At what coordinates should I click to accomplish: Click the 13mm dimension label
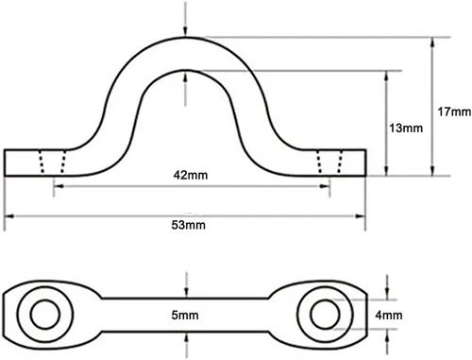pyautogui.click(x=405, y=127)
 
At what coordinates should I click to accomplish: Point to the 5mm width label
pyautogui.click(x=187, y=314)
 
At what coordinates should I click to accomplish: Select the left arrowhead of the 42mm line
pyautogui.click(x=59, y=187)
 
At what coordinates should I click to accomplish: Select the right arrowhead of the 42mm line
pyautogui.click(x=315, y=187)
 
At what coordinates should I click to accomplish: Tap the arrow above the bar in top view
pyautogui.click(x=187, y=286)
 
